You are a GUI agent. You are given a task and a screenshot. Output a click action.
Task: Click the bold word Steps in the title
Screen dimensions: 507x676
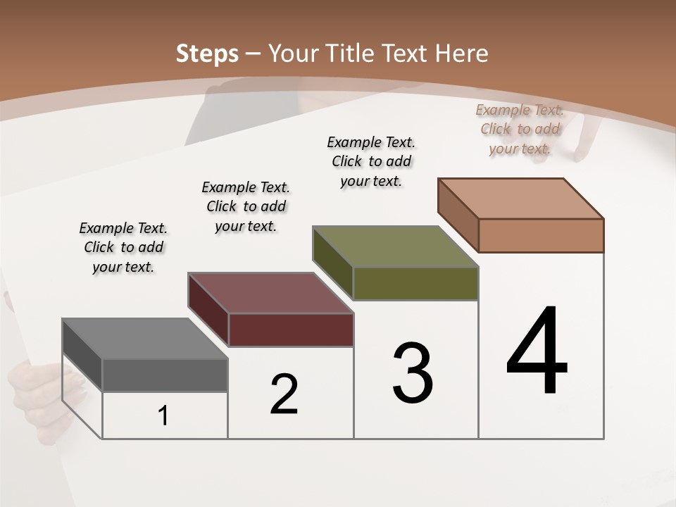[207, 54]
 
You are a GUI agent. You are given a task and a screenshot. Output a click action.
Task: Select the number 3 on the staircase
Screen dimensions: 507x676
[413, 373]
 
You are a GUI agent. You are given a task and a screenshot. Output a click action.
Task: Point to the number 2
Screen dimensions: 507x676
[284, 394]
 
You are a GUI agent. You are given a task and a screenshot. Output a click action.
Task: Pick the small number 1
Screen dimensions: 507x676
[163, 416]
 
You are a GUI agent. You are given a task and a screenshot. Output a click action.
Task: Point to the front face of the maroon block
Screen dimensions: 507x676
[291, 330]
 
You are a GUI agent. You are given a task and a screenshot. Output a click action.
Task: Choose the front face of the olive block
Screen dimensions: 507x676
[415, 283]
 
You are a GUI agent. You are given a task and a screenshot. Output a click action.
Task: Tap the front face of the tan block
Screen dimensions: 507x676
[541, 235]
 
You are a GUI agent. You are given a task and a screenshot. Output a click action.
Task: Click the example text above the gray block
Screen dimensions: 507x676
[123, 247]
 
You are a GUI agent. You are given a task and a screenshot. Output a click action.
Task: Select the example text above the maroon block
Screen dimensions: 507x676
[246, 206]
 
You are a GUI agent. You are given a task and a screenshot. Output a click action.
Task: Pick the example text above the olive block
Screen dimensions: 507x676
[371, 161]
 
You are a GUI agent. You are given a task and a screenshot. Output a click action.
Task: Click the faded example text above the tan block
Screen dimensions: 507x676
[520, 129]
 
